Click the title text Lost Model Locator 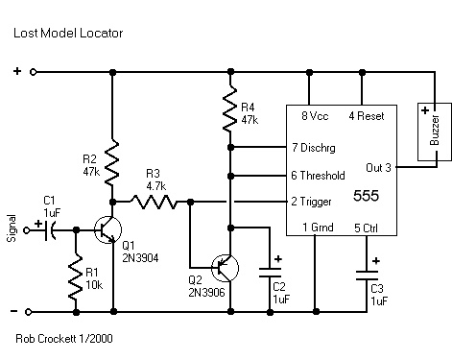tap(68, 33)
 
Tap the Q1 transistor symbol tap(107, 229)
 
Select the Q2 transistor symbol tap(225, 268)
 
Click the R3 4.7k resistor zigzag tap(154, 202)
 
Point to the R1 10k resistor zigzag tap(76, 277)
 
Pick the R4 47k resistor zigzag tap(230, 108)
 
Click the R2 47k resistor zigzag tap(112, 162)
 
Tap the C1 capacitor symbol tap(51, 230)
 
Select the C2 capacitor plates tap(270, 273)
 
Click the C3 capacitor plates tap(367, 276)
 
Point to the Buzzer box tap(435, 132)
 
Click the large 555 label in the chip tap(366, 196)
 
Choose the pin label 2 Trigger tap(311, 202)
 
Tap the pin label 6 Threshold tap(318, 176)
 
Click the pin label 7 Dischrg tap(314, 148)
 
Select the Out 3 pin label tap(378, 168)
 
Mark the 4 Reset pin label tap(367, 116)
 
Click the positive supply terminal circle tap(33, 72)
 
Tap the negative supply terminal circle tap(29, 312)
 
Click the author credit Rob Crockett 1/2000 tap(64, 339)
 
